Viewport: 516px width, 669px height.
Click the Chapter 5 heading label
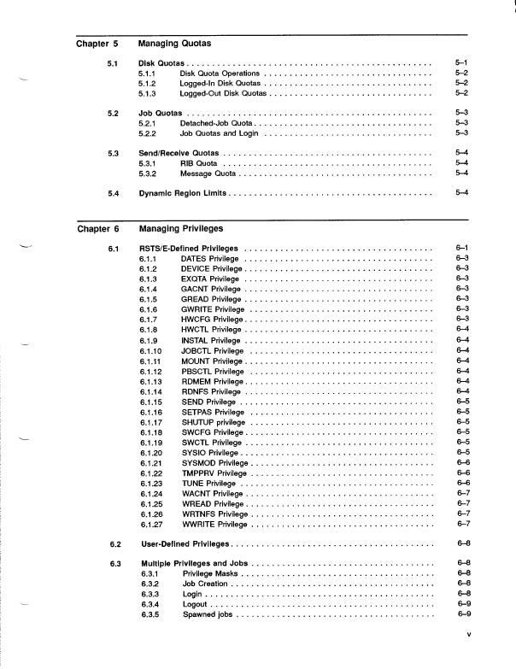[x=97, y=42]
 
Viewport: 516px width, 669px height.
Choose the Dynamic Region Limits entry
[x=183, y=193]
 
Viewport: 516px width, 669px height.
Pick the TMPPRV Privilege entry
[x=214, y=472]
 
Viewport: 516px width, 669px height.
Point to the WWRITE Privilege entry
[x=214, y=524]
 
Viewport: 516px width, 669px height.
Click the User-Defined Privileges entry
[x=185, y=544]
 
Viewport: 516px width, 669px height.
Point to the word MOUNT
[x=196, y=361]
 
